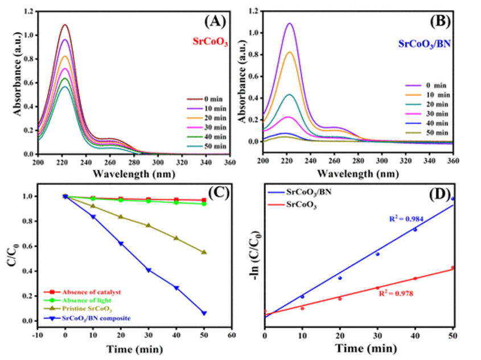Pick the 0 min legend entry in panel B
434,85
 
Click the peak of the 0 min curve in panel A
65,24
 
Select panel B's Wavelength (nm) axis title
358,173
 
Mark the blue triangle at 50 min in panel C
204,313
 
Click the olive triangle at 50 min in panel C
204,252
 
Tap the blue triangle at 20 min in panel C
121,243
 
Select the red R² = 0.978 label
396,293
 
